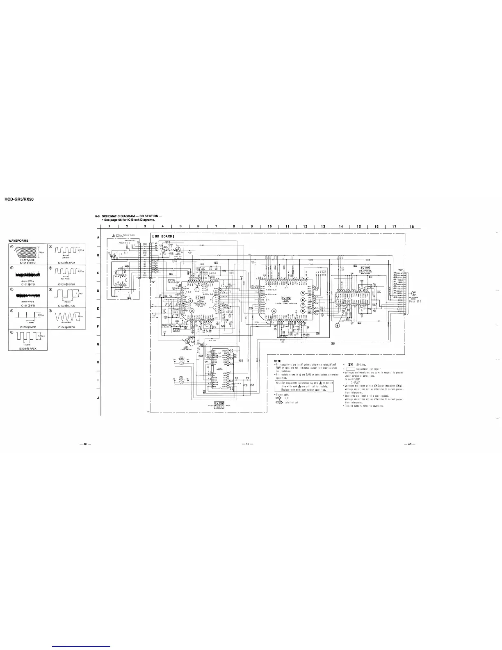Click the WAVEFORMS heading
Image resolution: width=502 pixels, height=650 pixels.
[x=18, y=240]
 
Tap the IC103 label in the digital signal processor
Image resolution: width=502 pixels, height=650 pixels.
[x=286, y=298]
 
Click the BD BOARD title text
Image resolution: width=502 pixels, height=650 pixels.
[x=163, y=236]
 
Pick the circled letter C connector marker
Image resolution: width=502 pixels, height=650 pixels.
[x=413, y=293]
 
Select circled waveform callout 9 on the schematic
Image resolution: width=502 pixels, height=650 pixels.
[x=337, y=325]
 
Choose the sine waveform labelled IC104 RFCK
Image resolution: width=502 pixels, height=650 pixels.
[x=67, y=316]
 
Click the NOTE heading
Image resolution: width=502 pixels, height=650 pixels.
[x=277, y=361]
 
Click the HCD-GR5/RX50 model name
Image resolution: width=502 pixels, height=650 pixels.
[x=18, y=199]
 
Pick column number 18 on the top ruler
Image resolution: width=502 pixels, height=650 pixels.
[x=411, y=227]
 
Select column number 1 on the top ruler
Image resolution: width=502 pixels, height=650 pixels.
[x=109, y=227]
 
